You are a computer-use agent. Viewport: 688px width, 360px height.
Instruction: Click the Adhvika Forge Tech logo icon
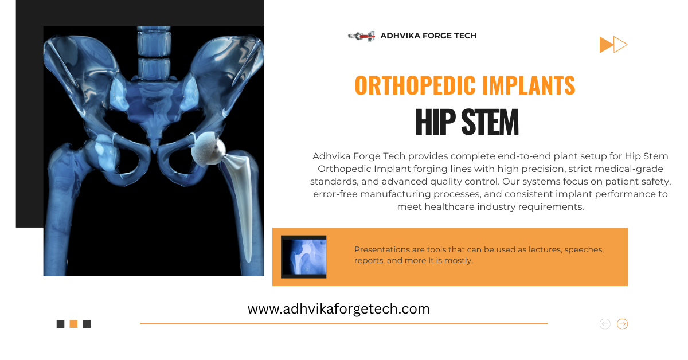click(x=361, y=36)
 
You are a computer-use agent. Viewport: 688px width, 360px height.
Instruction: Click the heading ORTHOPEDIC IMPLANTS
click(x=465, y=86)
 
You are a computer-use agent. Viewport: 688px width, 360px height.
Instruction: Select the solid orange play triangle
click(x=605, y=45)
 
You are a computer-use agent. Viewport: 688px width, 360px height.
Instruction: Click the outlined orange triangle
click(x=620, y=45)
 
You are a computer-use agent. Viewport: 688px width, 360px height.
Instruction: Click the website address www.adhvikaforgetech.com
click(x=338, y=309)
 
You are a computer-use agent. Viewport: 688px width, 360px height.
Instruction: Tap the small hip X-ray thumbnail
click(x=303, y=257)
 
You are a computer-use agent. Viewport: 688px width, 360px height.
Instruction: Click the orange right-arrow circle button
click(x=622, y=324)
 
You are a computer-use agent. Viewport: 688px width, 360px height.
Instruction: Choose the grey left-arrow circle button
click(x=605, y=324)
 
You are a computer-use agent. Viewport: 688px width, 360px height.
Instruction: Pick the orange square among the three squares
click(x=73, y=324)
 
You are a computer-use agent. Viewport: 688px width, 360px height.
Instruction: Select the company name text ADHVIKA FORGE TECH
click(x=428, y=36)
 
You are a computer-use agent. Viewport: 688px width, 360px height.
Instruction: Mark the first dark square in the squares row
click(x=60, y=324)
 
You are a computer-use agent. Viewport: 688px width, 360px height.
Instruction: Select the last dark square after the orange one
click(x=87, y=324)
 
